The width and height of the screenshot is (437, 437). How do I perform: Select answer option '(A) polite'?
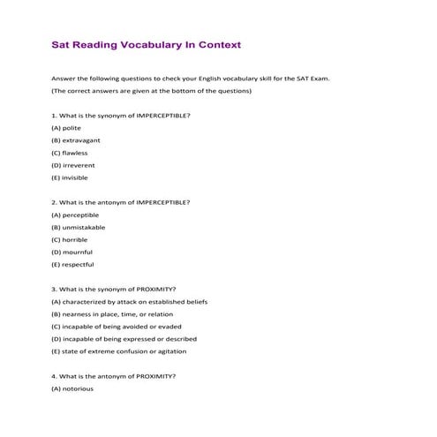(x=66, y=128)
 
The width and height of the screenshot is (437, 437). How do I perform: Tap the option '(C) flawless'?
(x=70, y=153)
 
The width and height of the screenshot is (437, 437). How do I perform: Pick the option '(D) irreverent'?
(x=73, y=165)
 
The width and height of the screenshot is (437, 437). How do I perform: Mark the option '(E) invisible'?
(x=70, y=177)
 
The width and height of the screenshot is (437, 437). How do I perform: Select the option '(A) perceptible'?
(x=75, y=215)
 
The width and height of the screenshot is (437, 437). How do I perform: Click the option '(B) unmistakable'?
(x=79, y=227)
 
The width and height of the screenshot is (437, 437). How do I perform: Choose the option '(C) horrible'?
(x=70, y=239)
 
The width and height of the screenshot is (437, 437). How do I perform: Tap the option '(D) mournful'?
(x=72, y=252)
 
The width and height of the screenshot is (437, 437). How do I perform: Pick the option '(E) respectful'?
(x=72, y=264)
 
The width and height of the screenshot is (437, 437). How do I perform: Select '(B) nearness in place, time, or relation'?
(x=112, y=313)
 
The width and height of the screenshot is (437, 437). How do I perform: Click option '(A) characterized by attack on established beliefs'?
(x=130, y=301)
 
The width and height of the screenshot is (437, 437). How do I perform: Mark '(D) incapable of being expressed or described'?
(x=124, y=338)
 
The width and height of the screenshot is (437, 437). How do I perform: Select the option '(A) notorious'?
(x=72, y=388)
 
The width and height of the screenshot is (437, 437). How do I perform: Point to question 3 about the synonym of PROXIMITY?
(x=114, y=289)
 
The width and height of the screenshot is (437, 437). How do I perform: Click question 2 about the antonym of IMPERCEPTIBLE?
(x=121, y=202)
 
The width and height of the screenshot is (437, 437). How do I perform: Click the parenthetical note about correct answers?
(x=151, y=91)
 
